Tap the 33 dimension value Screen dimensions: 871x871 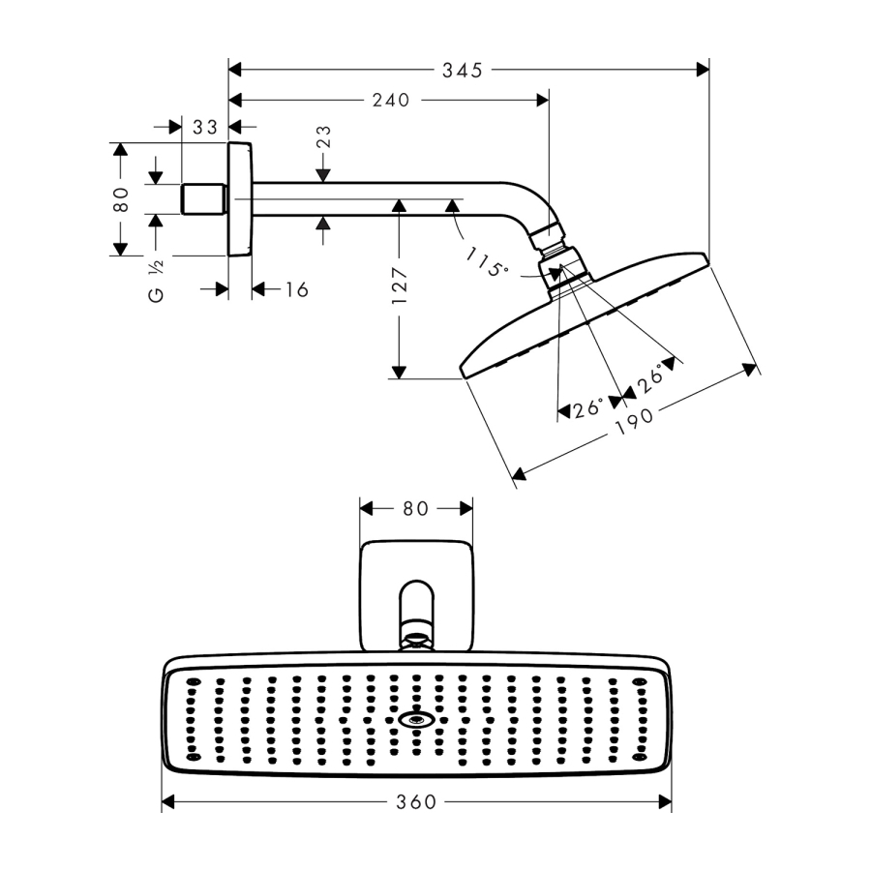204,126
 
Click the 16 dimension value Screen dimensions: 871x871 296,289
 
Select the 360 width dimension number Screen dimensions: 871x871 416,801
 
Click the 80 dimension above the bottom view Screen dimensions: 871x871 415,508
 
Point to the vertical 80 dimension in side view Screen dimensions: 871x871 121,199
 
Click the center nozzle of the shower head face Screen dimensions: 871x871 417,720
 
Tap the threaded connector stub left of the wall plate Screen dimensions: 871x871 204,199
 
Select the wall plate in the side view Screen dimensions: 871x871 239,199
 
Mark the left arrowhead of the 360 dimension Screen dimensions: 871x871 167,801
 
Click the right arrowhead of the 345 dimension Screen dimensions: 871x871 703,70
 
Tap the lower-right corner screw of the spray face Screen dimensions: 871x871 639,756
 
